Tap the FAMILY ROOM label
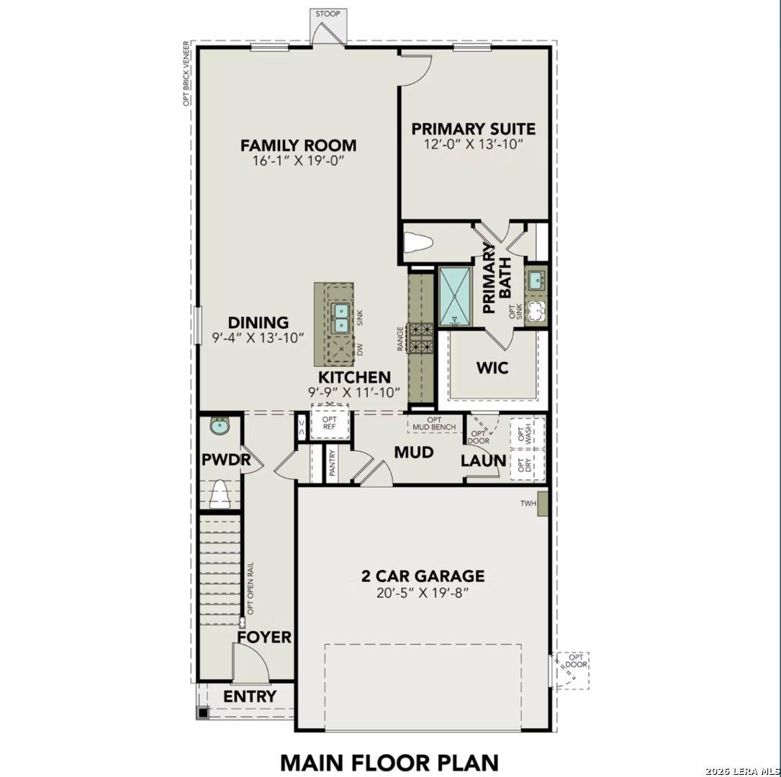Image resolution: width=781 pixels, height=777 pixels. (x=298, y=145)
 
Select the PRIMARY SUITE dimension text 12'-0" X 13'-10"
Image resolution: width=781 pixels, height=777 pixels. (x=473, y=145)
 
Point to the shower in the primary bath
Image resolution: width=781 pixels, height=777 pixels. (x=454, y=295)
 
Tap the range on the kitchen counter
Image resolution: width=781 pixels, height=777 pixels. (x=420, y=338)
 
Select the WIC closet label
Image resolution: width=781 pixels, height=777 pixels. (x=492, y=368)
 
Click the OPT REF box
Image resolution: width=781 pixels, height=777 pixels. (x=330, y=422)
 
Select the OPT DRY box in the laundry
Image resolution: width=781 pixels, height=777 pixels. (x=528, y=465)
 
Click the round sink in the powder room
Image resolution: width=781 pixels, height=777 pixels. (x=218, y=427)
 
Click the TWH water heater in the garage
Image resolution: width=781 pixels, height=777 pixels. (x=543, y=504)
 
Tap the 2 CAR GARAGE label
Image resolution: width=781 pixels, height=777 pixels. (x=423, y=576)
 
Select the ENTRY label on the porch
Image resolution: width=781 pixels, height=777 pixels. (x=249, y=696)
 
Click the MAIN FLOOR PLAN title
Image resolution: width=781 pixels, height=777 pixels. (x=389, y=761)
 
